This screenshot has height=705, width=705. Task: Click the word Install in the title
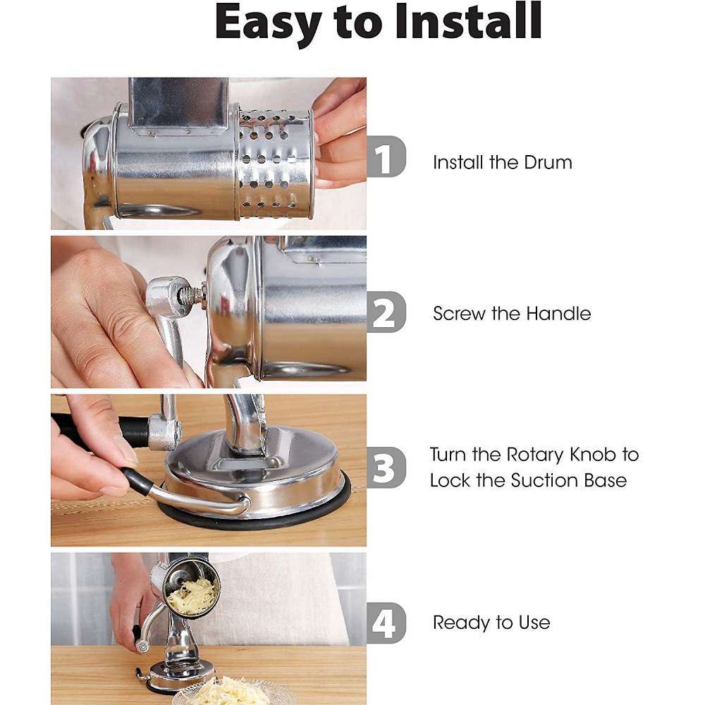(468, 22)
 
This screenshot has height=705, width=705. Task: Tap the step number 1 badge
(386, 157)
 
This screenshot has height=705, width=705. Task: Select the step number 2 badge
(386, 312)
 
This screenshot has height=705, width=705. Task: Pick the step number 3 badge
(386, 467)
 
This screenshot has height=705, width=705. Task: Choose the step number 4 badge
(386, 623)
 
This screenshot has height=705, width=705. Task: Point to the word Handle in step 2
(558, 314)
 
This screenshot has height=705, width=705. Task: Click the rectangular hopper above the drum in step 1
(178, 107)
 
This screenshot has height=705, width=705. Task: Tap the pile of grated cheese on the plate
(231, 691)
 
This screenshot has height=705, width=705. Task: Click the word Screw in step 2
(460, 314)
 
